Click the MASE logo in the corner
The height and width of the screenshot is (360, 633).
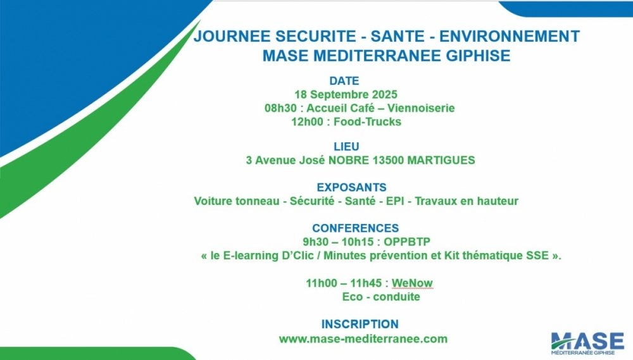[587, 344]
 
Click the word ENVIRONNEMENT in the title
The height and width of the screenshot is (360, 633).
[509, 36]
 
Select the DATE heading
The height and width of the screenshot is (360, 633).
[344, 81]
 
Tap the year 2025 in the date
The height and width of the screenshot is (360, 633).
[384, 94]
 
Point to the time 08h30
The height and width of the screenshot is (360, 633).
[280, 108]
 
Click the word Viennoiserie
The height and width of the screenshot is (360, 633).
[421, 108]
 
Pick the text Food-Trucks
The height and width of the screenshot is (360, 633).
[367, 122]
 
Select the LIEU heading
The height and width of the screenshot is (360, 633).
[346, 147]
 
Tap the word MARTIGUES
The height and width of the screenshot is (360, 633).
[441, 160]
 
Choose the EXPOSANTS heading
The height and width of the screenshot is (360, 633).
[351, 187]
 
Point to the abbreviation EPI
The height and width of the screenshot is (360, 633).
[395, 201]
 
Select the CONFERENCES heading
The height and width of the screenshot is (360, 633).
[355, 228]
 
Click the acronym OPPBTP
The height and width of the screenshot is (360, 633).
[407, 242]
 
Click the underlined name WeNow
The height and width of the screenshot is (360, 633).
[412, 283]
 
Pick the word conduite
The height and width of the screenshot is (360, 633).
[396, 297]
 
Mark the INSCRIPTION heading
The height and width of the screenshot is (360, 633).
[360, 324]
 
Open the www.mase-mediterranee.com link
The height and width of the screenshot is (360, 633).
[363, 339]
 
